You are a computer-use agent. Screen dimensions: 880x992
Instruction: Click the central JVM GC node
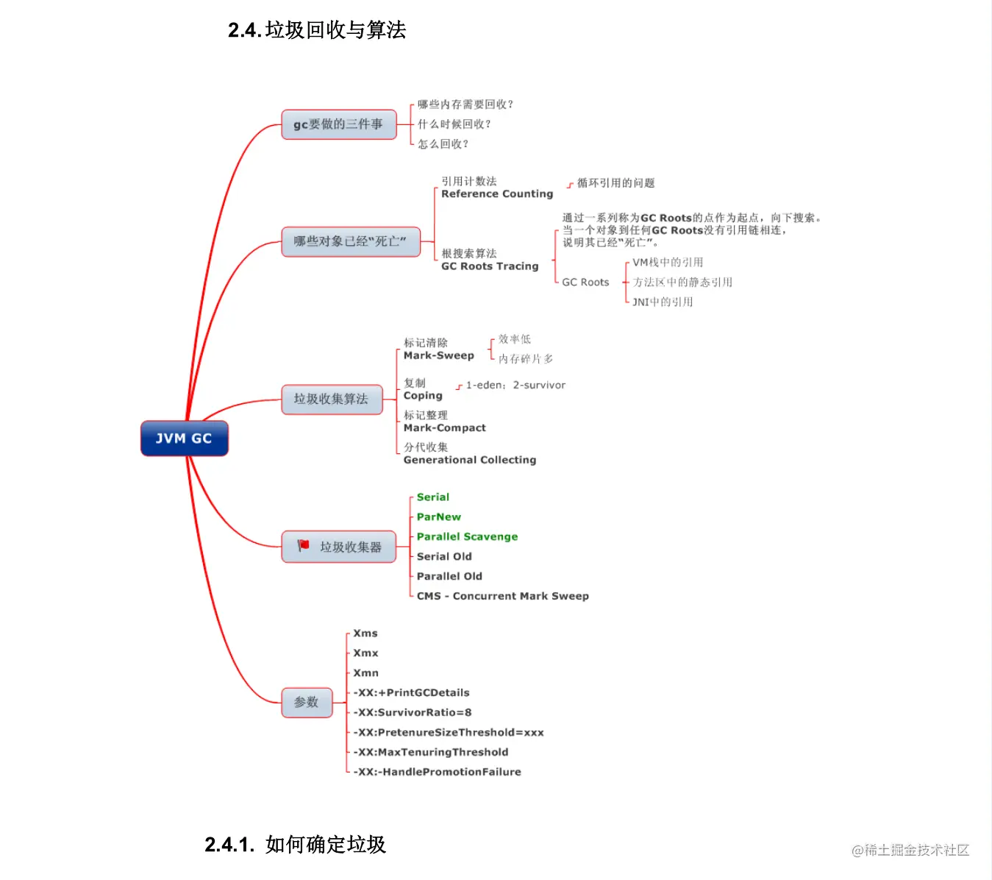[184, 439]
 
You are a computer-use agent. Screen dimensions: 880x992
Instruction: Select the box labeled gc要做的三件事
[338, 124]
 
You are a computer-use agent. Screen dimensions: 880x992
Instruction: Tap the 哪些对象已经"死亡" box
[350, 241]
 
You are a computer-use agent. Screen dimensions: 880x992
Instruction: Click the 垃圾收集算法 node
[331, 399]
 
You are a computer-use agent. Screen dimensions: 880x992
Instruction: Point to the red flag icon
[303, 545]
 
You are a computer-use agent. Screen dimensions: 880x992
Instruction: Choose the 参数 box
[307, 702]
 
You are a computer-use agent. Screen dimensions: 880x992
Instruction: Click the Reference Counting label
[497, 194]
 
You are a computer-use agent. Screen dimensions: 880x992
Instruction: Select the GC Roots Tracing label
[490, 266]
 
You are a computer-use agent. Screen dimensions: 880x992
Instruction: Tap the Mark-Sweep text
[438, 355]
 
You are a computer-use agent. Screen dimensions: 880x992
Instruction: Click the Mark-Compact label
[444, 428]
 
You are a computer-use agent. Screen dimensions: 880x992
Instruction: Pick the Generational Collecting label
[470, 460]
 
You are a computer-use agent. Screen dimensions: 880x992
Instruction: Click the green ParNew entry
[439, 517]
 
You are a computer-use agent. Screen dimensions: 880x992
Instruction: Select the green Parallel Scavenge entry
[467, 537]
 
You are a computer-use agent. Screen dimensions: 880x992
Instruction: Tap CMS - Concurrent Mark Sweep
[502, 596]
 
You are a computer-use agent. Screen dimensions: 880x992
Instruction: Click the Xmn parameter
[365, 673]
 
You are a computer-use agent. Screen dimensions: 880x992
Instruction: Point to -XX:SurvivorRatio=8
[413, 713]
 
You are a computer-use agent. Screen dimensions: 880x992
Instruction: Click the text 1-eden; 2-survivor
[515, 386]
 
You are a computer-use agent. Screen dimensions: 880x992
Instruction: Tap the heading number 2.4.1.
[229, 845]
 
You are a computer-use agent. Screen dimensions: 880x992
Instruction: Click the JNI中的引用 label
[663, 302]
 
